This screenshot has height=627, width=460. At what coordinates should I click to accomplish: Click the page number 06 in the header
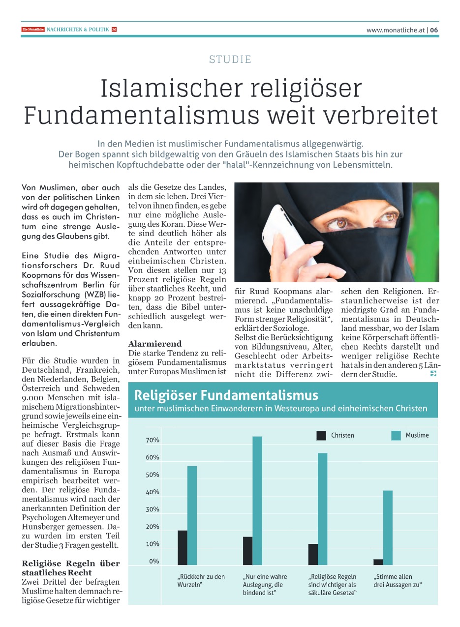434,30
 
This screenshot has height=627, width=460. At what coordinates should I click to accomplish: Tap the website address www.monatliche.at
395,30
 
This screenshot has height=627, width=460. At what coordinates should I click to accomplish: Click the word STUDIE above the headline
230,60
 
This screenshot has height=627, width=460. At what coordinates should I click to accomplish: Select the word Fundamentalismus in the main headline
142,115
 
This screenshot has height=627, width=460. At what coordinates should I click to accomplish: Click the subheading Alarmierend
155,344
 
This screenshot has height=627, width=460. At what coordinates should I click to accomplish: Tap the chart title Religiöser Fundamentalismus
226,395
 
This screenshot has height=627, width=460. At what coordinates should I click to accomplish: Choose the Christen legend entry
342,435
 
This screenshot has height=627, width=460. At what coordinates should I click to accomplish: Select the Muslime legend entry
417,435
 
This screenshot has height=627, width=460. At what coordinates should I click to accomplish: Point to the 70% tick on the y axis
153,440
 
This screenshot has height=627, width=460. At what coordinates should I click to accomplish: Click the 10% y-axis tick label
153,544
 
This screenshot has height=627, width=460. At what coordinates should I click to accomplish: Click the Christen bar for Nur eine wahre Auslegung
248,551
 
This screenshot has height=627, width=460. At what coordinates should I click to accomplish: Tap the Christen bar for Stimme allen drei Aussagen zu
378,562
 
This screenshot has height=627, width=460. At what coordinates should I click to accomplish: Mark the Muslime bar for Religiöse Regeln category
323,509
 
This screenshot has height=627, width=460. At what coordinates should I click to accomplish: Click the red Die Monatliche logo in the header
33,30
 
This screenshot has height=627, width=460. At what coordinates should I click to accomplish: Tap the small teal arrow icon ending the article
433,374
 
